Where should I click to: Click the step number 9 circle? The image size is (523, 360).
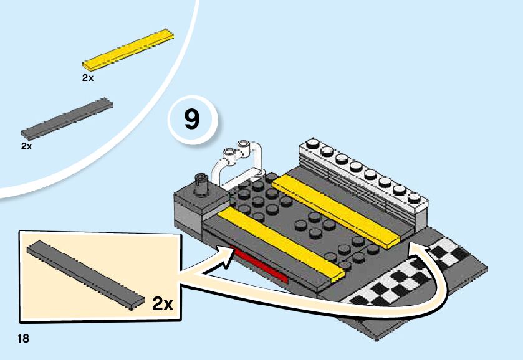192,119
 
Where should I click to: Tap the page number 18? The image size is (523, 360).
24,339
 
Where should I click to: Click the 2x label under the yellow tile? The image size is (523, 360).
87,78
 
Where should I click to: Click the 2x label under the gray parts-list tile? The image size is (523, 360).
26,146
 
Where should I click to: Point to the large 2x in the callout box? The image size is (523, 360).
163,303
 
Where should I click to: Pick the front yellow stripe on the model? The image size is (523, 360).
281,242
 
